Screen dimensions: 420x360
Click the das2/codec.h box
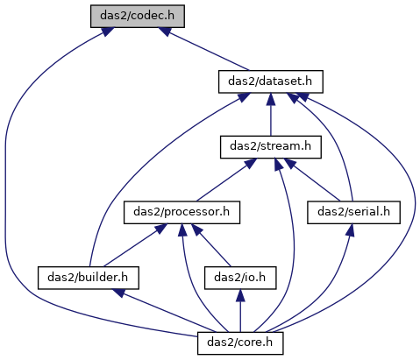pos(138,17)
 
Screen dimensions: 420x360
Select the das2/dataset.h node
pos(271,81)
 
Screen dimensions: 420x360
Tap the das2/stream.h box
pos(271,147)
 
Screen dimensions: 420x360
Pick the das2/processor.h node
pos(182,213)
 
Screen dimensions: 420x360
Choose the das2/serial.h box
pos(353,213)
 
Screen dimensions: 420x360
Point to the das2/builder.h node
pos(89,278)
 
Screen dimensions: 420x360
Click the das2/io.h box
pos(240,278)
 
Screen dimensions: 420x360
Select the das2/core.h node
pos(240,343)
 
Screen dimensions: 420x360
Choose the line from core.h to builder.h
pos(165,311)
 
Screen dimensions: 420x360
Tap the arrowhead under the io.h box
pos(240,295)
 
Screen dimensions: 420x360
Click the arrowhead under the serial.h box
pos(351,230)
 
